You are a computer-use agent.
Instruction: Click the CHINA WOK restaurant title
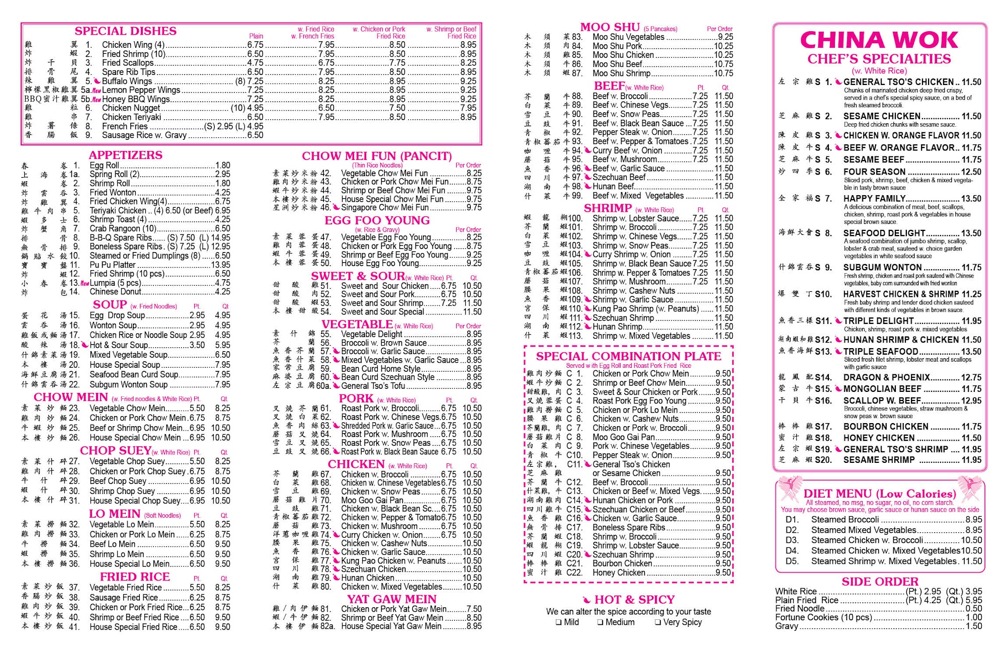tap(879, 40)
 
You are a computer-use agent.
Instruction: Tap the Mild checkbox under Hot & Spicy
tap(558, 622)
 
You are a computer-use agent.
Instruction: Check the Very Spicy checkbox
tap(658, 622)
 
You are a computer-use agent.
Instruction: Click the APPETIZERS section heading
tap(125, 155)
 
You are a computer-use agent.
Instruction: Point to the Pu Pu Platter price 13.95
tap(220, 265)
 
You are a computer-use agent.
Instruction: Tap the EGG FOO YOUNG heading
tap(377, 220)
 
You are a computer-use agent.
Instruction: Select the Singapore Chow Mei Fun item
tap(384, 207)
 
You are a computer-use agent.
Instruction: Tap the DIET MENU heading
tap(879, 494)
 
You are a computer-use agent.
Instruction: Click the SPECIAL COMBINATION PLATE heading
tap(628, 356)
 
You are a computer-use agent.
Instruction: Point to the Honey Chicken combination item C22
tap(618, 573)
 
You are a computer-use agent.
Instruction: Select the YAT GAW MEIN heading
tap(391, 599)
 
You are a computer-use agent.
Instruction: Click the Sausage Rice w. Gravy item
tap(144, 135)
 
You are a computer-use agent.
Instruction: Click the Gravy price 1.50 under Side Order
tap(974, 626)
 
